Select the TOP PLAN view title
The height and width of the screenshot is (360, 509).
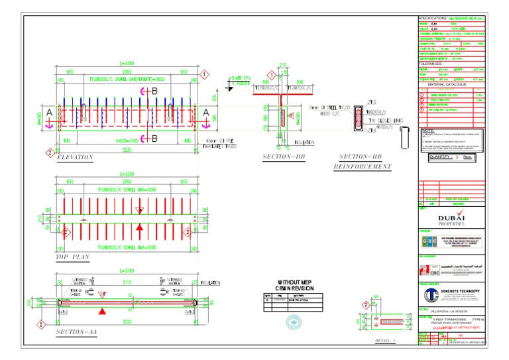72,256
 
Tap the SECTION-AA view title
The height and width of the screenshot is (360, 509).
77,331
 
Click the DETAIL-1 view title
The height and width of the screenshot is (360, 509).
385,341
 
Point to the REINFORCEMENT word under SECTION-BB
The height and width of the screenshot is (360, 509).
362,166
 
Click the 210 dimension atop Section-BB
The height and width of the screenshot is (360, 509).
283,66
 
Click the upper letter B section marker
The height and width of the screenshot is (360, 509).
154,90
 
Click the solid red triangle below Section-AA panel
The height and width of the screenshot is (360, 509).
101,311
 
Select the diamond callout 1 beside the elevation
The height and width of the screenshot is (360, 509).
205,74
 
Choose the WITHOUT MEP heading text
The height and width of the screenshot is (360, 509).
294,281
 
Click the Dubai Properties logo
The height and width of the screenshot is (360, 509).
451,218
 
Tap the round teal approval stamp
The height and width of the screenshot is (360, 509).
294,322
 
